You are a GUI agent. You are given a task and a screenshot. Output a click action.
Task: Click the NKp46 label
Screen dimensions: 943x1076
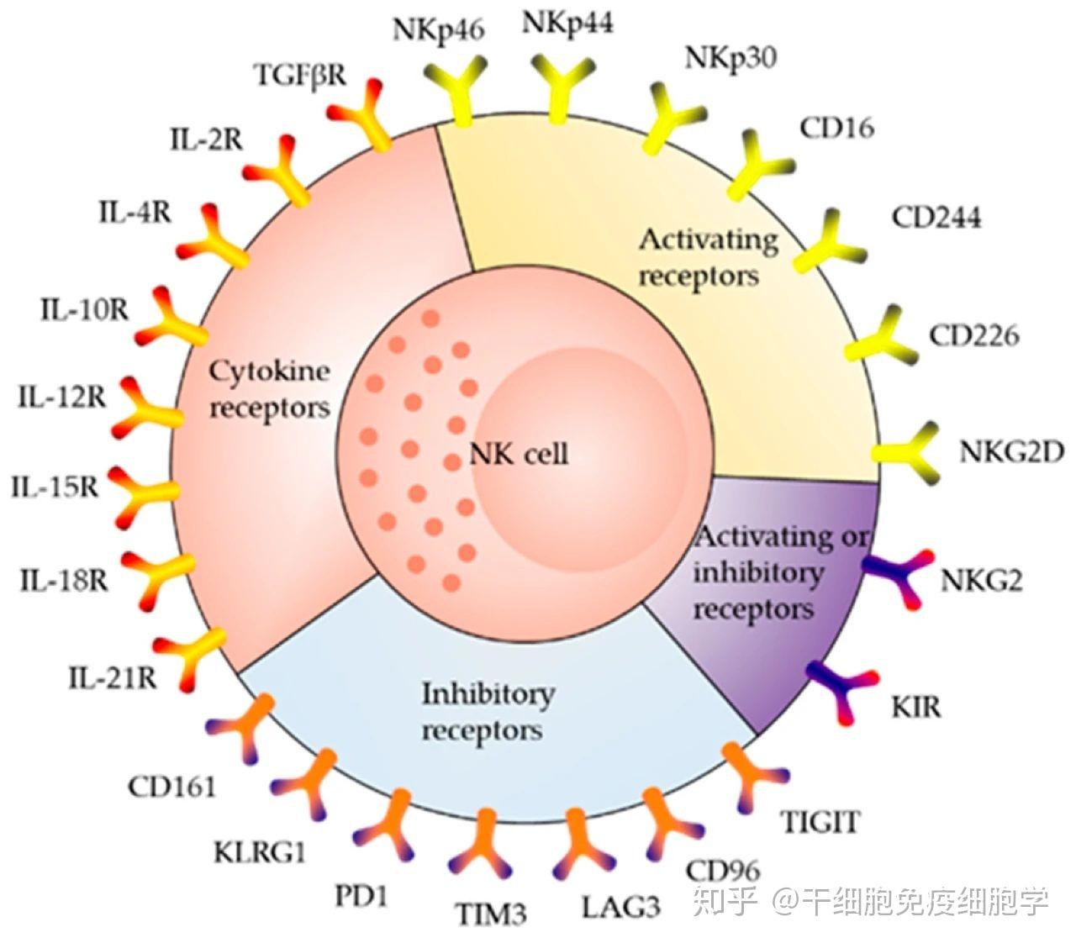tap(438, 30)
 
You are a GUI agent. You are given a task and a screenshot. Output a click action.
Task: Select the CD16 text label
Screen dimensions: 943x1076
tap(836, 128)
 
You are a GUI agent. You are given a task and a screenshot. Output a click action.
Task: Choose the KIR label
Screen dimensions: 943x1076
tap(916, 707)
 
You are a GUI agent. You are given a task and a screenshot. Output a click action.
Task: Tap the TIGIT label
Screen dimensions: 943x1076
tap(821, 821)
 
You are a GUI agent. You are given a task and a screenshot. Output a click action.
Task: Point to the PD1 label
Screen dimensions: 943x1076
tap(361, 896)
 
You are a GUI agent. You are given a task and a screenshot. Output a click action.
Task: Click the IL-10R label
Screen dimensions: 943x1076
tap(84, 310)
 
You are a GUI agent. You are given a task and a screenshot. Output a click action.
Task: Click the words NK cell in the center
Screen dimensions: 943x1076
tap(519, 455)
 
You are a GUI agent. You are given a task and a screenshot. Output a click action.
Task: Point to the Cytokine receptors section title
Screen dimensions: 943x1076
tap(269, 389)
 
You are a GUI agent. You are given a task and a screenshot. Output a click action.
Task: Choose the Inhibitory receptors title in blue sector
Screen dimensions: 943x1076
tap(488, 712)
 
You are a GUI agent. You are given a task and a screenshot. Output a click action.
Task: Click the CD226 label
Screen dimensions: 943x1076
tap(973, 336)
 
